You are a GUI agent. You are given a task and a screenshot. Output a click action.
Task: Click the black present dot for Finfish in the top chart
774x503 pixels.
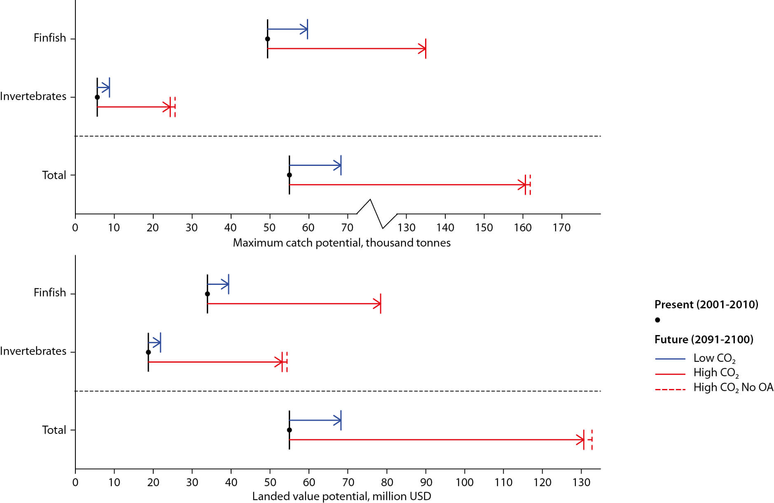(267, 39)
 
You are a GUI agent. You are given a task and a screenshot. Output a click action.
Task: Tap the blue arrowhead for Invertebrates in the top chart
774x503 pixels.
(107, 88)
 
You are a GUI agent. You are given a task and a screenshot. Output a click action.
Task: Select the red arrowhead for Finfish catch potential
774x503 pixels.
(422, 49)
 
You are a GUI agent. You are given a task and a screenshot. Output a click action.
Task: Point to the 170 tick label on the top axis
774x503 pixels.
(561, 228)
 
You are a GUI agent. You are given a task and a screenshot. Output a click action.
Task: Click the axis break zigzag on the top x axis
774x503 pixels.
(376, 214)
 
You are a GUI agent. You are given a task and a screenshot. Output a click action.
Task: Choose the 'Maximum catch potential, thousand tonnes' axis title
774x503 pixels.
(341, 243)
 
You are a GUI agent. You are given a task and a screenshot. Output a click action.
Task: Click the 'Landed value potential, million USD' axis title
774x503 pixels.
(341, 496)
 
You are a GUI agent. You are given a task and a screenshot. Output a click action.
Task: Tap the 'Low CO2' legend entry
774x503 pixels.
(714, 359)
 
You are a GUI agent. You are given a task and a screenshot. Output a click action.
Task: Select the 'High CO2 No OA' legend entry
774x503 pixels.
(733, 388)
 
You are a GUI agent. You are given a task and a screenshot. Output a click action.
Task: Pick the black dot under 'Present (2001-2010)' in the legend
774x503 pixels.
(657, 320)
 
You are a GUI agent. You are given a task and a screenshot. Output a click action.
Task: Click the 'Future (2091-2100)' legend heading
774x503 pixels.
(704, 340)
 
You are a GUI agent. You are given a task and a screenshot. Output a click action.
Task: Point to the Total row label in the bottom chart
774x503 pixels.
(54, 430)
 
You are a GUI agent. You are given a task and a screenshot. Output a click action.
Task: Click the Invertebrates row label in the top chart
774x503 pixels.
(33, 96)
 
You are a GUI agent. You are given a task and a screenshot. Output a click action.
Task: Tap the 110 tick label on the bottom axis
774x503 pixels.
(503, 482)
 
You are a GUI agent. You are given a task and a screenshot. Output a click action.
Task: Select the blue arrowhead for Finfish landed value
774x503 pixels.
(225, 284)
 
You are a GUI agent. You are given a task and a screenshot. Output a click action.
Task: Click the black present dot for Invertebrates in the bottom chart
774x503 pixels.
(148, 352)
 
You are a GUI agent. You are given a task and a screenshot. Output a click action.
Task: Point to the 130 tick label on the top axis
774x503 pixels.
(406, 228)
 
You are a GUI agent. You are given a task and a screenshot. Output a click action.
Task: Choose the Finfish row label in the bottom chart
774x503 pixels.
(50, 293)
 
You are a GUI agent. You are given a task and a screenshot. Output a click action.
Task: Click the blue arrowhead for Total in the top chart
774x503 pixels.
(338, 165)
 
